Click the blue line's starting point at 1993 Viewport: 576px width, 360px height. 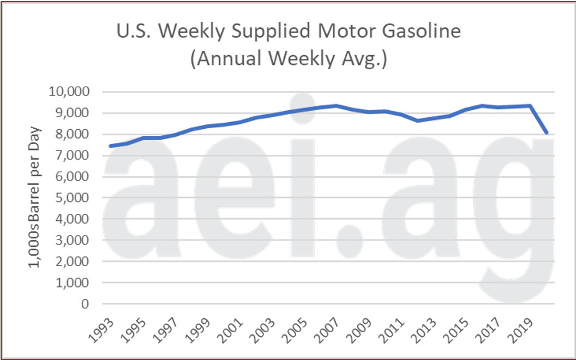coord(111,146)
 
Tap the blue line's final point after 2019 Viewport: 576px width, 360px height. coord(547,133)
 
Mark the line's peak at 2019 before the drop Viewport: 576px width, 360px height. coord(530,106)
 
